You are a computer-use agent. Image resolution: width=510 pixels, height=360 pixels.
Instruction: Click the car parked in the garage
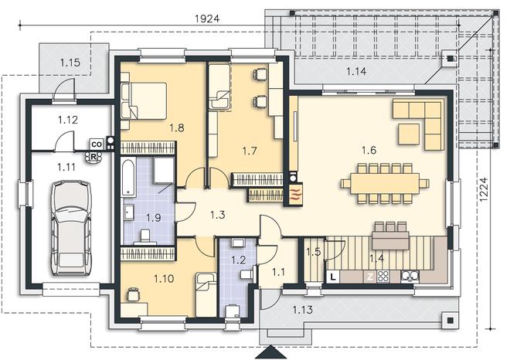click(x=71, y=228)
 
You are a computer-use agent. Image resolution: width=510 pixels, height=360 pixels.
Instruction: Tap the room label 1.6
click(x=369, y=150)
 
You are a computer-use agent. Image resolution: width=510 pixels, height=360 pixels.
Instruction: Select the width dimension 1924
click(x=207, y=19)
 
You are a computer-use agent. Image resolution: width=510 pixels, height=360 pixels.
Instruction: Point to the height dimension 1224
click(x=484, y=189)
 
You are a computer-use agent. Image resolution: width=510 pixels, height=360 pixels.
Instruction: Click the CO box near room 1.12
click(x=97, y=144)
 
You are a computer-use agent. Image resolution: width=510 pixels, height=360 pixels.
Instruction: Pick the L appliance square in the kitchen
click(x=333, y=277)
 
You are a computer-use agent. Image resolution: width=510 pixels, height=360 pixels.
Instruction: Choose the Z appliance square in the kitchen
click(x=370, y=277)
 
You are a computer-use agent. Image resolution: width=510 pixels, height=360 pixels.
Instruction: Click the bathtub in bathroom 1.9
click(x=128, y=177)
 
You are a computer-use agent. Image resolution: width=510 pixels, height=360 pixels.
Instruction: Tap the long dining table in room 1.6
click(x=385, y=184)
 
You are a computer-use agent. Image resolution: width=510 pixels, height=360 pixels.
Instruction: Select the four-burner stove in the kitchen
click(x=382, y=277)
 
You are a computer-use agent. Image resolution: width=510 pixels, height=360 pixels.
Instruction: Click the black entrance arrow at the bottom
click(x=270, y=352)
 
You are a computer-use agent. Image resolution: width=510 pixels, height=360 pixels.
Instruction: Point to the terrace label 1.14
click(x=356, y=71)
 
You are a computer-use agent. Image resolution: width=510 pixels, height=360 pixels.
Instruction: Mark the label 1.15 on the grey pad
click(x=70, y=62)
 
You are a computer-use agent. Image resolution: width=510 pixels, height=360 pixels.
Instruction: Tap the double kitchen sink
click(x=410, y=277)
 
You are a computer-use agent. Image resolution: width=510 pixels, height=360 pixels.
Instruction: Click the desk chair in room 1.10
click(x=132, y=294)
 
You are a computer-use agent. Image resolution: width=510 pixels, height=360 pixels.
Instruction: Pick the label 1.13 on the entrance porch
click(x=302, y=309)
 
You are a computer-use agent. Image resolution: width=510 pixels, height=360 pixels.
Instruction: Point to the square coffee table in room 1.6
click(x=409, y=134)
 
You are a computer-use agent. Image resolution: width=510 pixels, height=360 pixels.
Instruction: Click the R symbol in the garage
click(x=93, y=157)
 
